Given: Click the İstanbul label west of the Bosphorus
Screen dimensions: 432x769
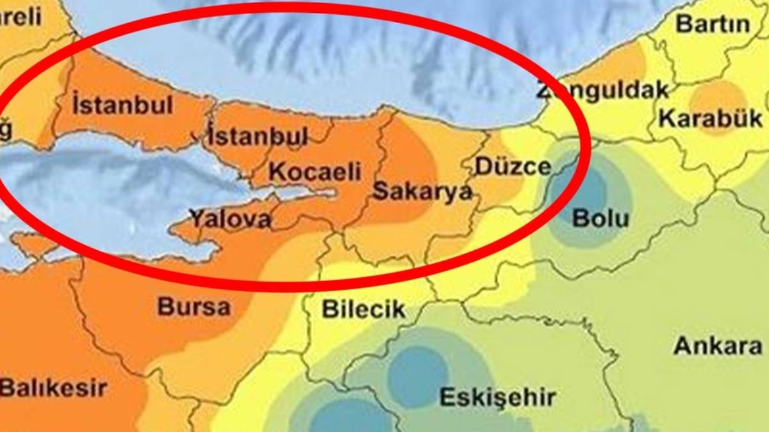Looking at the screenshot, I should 123,105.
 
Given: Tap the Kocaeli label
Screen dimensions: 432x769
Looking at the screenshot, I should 315,172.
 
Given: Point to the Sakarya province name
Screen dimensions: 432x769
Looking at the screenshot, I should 422,191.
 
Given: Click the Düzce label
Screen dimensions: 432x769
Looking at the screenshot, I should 513,166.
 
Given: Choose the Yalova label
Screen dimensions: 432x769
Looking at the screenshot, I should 230,220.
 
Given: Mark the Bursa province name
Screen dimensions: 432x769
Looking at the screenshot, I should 194,307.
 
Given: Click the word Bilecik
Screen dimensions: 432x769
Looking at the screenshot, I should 363,310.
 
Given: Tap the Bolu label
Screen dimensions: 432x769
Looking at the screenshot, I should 600,218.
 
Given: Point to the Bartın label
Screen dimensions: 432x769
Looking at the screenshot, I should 713,24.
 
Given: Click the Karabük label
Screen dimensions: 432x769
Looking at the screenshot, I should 711,118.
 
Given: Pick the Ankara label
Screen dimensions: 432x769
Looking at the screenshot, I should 718,346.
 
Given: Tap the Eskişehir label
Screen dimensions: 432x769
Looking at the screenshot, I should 497,397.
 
